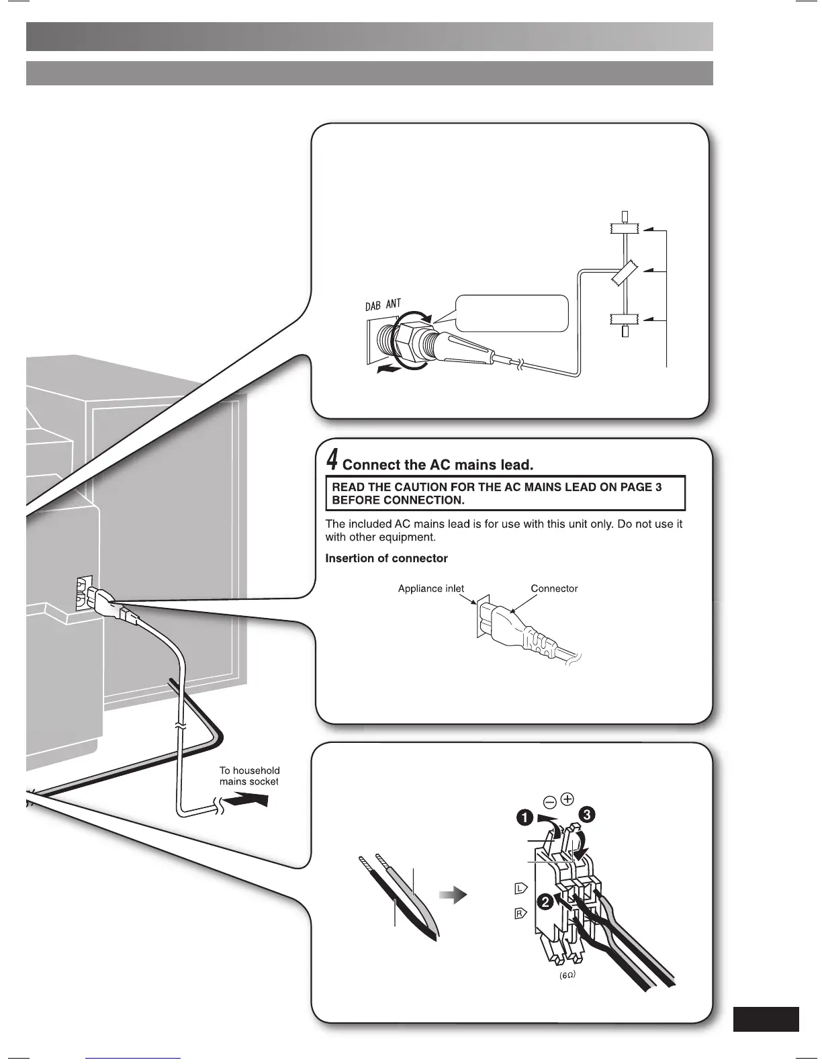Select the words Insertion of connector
click(386, 558)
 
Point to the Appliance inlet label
click(430, 588)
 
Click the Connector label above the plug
click(554, 588)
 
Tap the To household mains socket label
click(249, 776)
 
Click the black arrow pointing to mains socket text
click(249, 800)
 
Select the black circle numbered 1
click(524, 817)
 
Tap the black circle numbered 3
click(586, 815)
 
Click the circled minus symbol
click(549, 802)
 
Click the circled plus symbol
click(566, 799)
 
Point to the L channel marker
click(520, 889)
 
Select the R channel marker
click(520, 914)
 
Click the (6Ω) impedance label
click(567, 976)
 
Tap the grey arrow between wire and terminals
click(453, 895)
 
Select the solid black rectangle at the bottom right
click(766, 1019)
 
